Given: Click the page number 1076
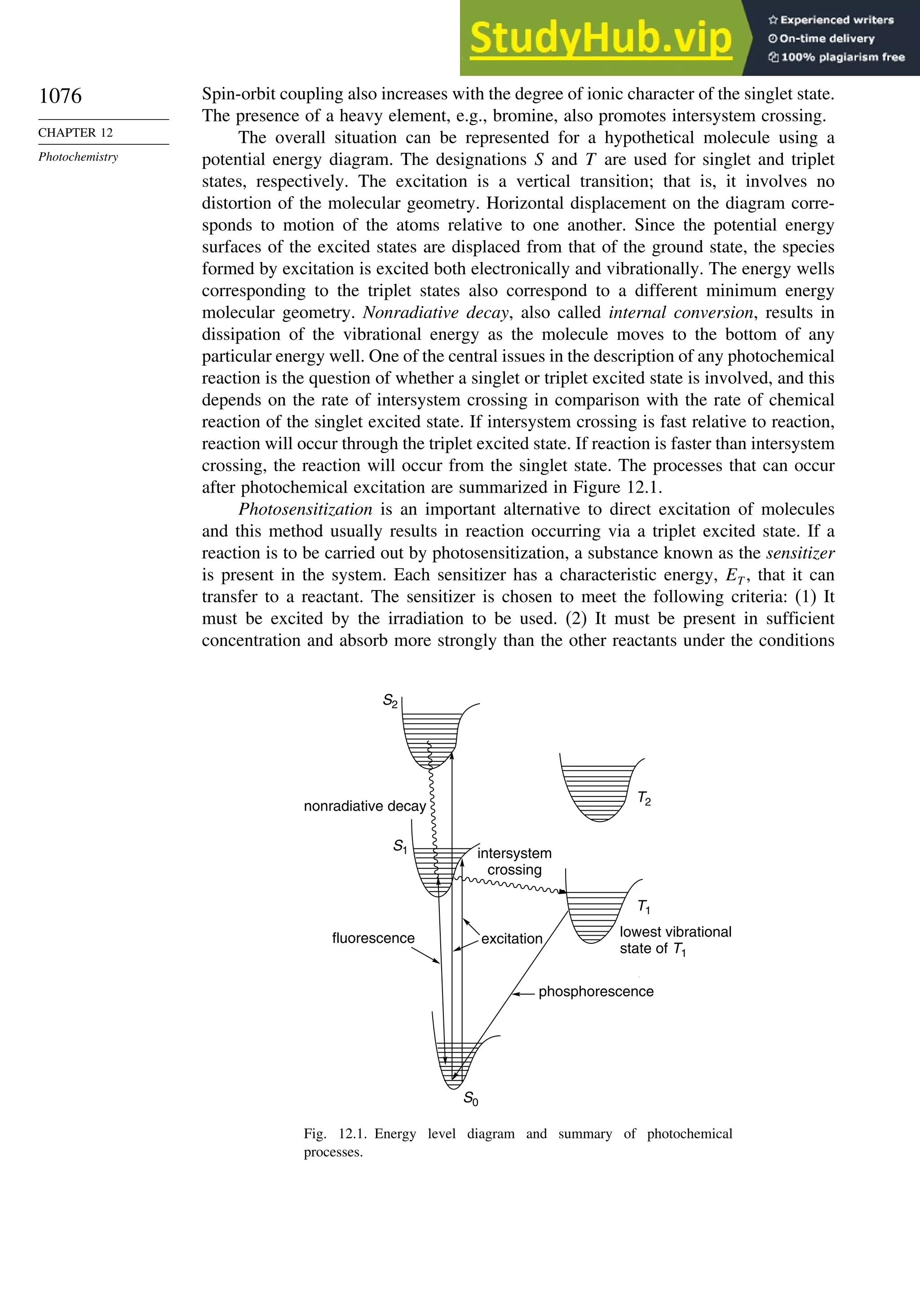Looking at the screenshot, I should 60,96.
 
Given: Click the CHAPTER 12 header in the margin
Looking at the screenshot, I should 75,132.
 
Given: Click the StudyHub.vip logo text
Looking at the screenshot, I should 600,38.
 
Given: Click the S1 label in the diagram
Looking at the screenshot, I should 400,847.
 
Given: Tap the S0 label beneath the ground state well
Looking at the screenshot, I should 471,1098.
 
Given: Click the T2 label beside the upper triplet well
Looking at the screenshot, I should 644,798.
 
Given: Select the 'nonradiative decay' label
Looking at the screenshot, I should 365,806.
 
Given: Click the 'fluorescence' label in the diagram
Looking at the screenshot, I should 373,938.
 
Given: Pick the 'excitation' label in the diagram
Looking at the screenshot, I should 511,939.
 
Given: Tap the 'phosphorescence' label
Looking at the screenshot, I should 596,991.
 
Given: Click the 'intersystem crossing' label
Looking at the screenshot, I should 514,862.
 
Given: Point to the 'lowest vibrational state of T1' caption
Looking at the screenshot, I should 675,940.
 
